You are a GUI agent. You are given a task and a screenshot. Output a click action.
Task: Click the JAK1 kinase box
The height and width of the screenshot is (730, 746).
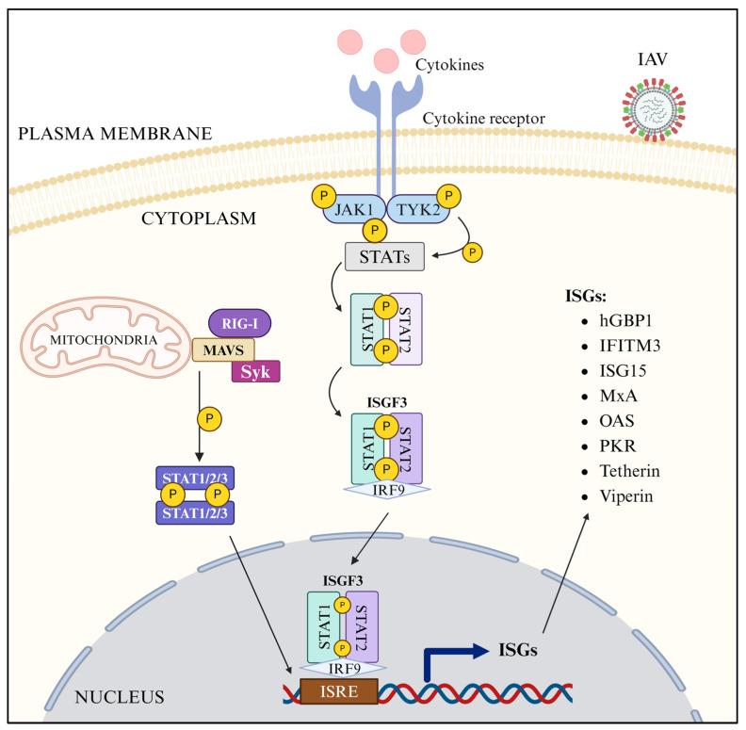tap(351, 206)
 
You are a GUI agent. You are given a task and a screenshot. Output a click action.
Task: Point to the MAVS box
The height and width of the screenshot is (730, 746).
tap(224, 350)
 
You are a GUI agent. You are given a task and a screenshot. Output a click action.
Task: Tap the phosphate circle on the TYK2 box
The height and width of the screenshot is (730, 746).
tap(450, 198)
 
